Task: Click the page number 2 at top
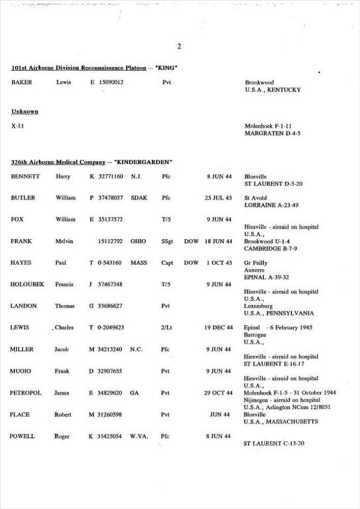click(x=179, y=47)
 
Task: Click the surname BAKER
click(x=21, y=82)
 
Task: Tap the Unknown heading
click(x=24, y=111)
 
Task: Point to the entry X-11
click(x=17, y=126)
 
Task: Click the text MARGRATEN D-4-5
click(x=273, y=133)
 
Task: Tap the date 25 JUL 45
click(x=218, y=198)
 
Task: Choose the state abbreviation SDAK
click(x=139, y=198)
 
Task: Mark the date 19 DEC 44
click(x=218, y=328)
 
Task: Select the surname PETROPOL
click(x=25, y=393)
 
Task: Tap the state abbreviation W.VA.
click(x=139, y=436)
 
